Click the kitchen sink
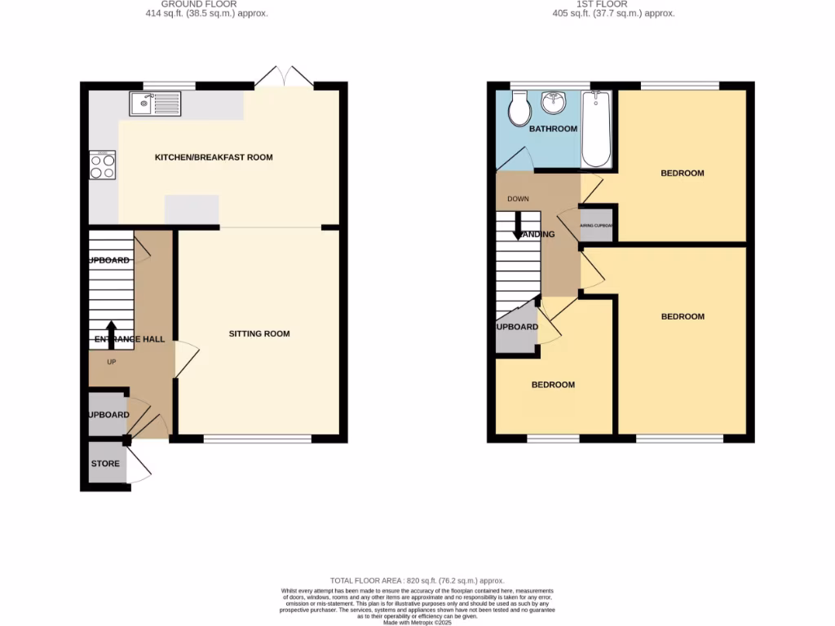point(155,104)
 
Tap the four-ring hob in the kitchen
point(103,166)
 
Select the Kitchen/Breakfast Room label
point(214,157)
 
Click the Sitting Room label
point(259,333)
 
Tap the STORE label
point(105,464)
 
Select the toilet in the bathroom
point(519,109)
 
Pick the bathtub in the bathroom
point(597,128)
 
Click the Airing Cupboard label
point(596,227)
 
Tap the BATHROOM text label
point(553,129)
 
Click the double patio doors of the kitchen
point(284,77)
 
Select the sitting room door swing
point(186,359)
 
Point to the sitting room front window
point(257,439)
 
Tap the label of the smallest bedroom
point(553,385)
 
